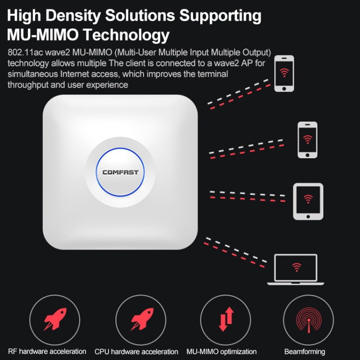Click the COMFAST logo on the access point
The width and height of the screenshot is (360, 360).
(x=120, y=172)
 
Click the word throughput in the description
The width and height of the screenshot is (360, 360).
(x=28, y=85)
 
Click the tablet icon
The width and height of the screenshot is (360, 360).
(x=308, y=202)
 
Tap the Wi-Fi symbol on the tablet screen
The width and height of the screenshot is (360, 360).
(x=308, y=199)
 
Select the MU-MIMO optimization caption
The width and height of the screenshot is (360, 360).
(x=226, y=351)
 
